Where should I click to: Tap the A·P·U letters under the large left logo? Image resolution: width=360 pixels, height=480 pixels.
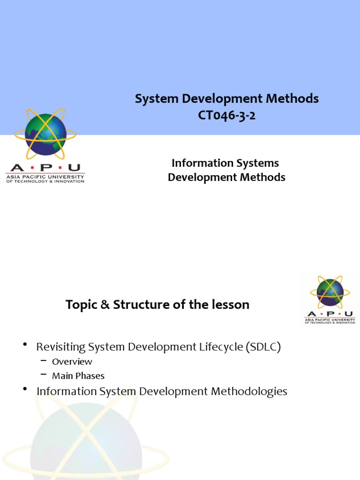(x=45, y=168)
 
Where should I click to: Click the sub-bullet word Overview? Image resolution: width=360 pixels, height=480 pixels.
(x=72, y=361)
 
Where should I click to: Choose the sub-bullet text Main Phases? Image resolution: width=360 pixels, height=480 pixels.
(x=78, y=375)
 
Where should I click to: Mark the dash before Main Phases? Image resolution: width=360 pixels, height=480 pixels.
(x=44, y=374)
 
